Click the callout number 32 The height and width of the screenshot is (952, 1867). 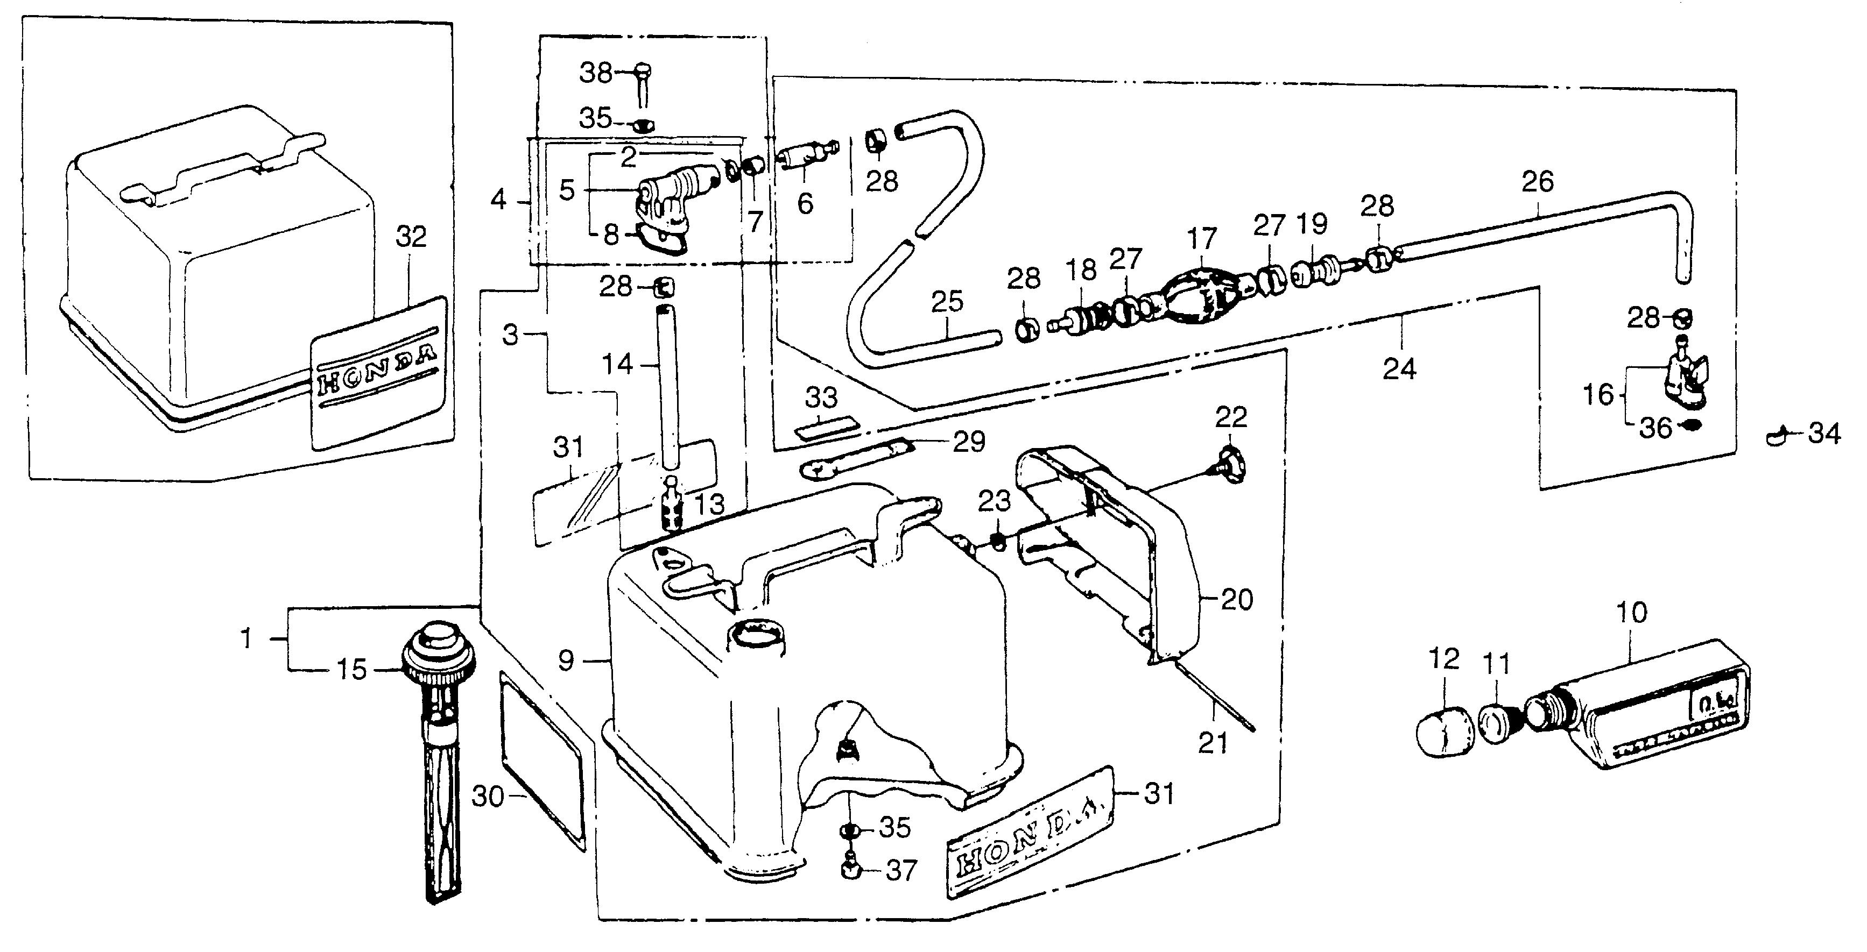411,237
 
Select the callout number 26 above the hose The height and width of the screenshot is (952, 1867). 1537,181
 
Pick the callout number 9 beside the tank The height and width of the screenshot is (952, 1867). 567,660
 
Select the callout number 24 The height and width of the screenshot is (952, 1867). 1399,370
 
